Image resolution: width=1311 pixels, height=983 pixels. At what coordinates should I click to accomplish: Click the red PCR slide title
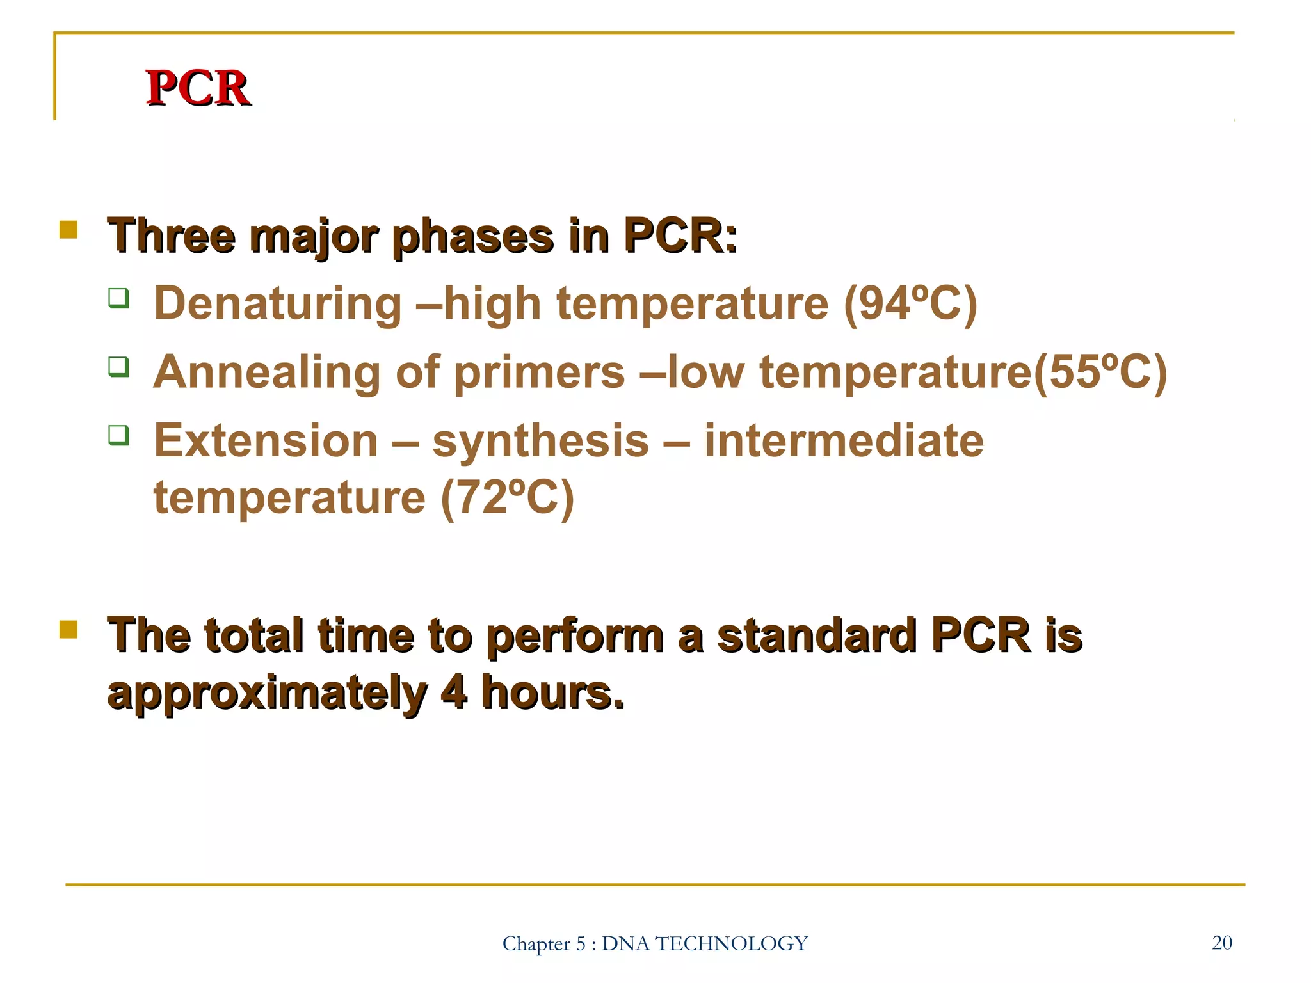point(198,88)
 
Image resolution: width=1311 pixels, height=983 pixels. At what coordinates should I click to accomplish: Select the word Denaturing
point(278,303)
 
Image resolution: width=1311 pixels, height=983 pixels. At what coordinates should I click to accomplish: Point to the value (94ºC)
point(910,303)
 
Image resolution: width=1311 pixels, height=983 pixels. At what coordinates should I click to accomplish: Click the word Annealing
point(267,372)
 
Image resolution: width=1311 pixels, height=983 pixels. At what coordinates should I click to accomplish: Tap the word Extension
point(266,441)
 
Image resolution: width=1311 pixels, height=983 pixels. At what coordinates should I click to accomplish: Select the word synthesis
point(541,441)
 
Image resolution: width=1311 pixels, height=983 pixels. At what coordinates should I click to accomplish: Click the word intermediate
point(844,441)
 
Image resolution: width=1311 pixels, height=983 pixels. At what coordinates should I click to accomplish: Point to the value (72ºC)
point(507,497)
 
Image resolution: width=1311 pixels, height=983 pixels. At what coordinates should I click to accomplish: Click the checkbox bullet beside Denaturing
point(118,298)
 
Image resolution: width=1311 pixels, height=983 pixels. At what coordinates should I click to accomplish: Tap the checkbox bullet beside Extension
point(118,435)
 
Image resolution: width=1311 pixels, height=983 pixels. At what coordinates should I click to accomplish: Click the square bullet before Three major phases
point(68,229)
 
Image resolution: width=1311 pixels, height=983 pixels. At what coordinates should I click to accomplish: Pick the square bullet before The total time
point(68,629)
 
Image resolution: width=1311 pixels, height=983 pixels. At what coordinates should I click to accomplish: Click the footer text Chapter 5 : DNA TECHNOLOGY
point(655,943)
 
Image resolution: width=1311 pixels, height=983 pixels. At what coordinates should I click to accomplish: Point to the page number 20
point(1221,943)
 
